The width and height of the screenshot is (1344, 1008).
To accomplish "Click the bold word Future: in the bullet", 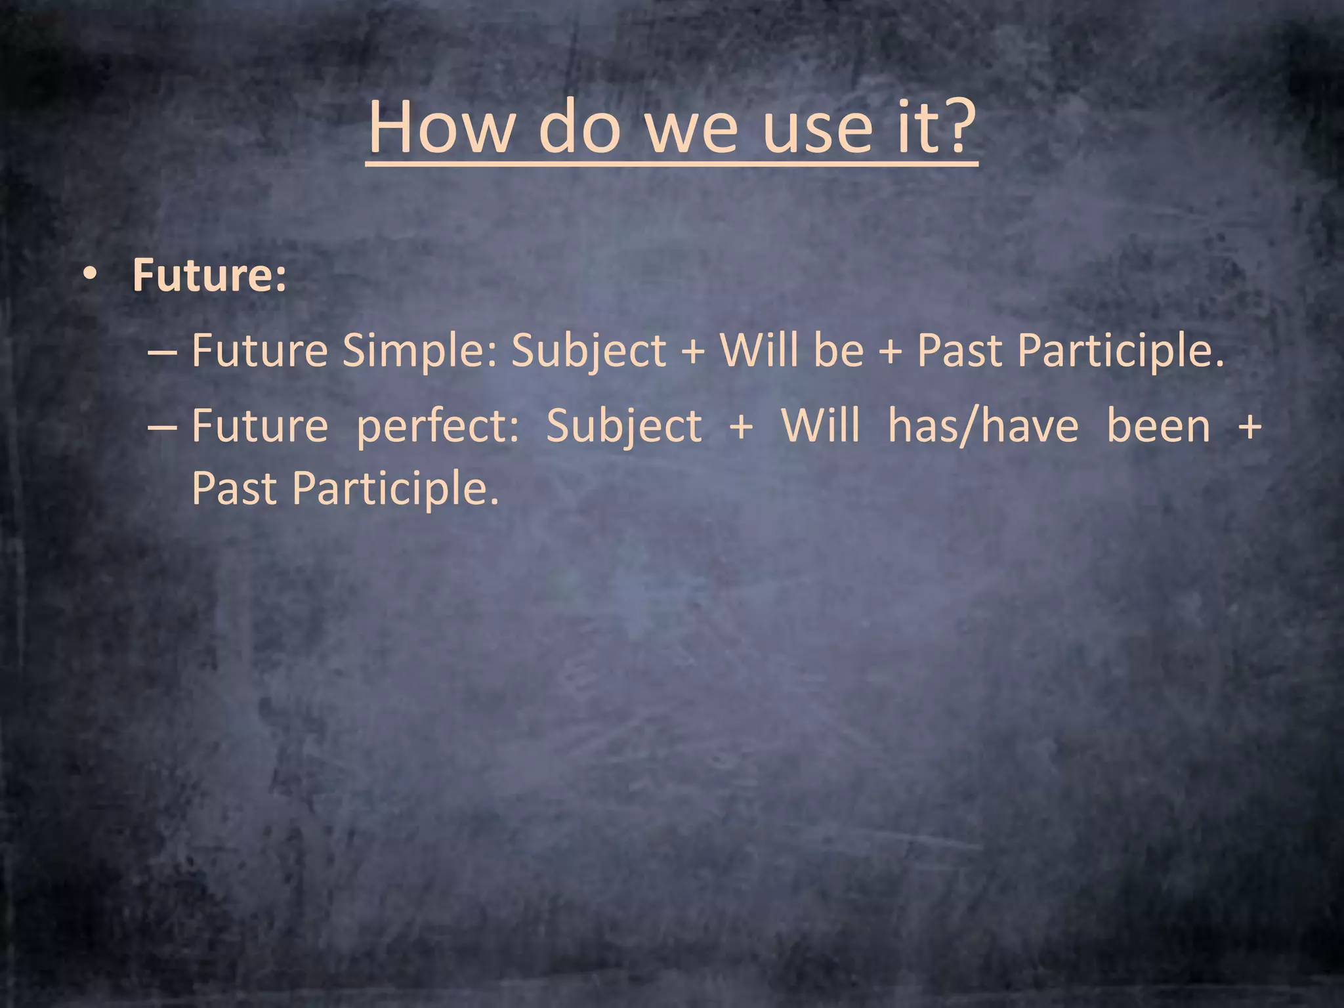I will tap(209, 275).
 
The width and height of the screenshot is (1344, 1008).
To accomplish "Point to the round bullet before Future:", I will tap(90, 276).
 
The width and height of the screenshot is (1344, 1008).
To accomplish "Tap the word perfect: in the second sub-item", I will tap(438, 426).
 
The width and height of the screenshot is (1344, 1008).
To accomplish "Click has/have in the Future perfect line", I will tap(982, 426).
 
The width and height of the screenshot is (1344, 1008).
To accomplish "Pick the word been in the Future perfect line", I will tap(1158, 426).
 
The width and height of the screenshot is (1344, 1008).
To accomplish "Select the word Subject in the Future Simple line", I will tap(589, 351).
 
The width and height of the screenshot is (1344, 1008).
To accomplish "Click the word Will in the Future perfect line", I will tap(820, 426).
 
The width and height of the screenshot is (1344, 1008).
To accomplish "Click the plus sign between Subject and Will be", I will tap(693, 351).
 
